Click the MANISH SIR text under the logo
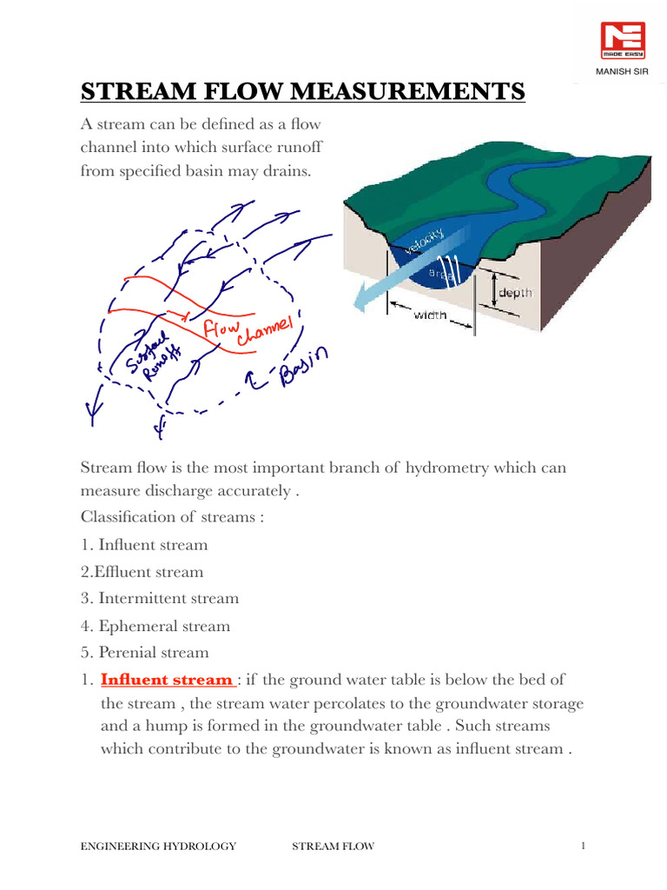[623, 70]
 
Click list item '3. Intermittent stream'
[159, 599]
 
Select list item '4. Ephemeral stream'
[155, 626]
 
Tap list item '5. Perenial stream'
[144, 653]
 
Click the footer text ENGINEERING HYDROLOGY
[158, 847]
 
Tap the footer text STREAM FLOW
[333, 847]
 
